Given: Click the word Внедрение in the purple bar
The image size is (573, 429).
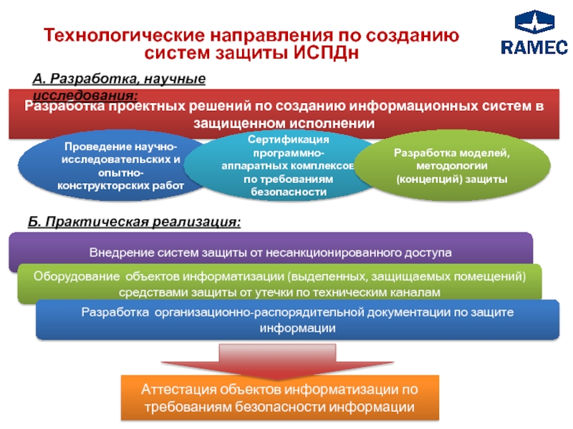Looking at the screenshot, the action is click(x=120, y=252).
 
